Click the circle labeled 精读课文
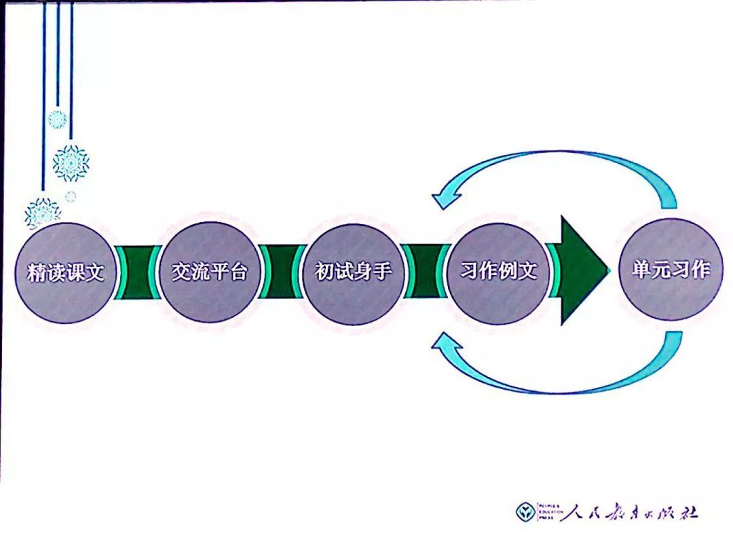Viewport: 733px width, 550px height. point(66,272)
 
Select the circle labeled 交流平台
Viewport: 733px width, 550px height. point(210,272)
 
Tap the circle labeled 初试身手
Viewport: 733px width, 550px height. point(354,272)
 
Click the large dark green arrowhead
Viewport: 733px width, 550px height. point(583,271)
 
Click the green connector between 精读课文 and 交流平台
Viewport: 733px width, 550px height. point(137,272)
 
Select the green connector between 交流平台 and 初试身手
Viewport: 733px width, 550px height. point(282,272)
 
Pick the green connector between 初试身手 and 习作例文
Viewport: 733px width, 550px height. point(426,272)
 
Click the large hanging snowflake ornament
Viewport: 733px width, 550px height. point(71,163)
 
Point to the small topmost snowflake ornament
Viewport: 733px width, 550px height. point(57,120)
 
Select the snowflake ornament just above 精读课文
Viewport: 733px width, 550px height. point(43,213)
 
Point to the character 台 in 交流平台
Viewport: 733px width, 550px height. point(238,272)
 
